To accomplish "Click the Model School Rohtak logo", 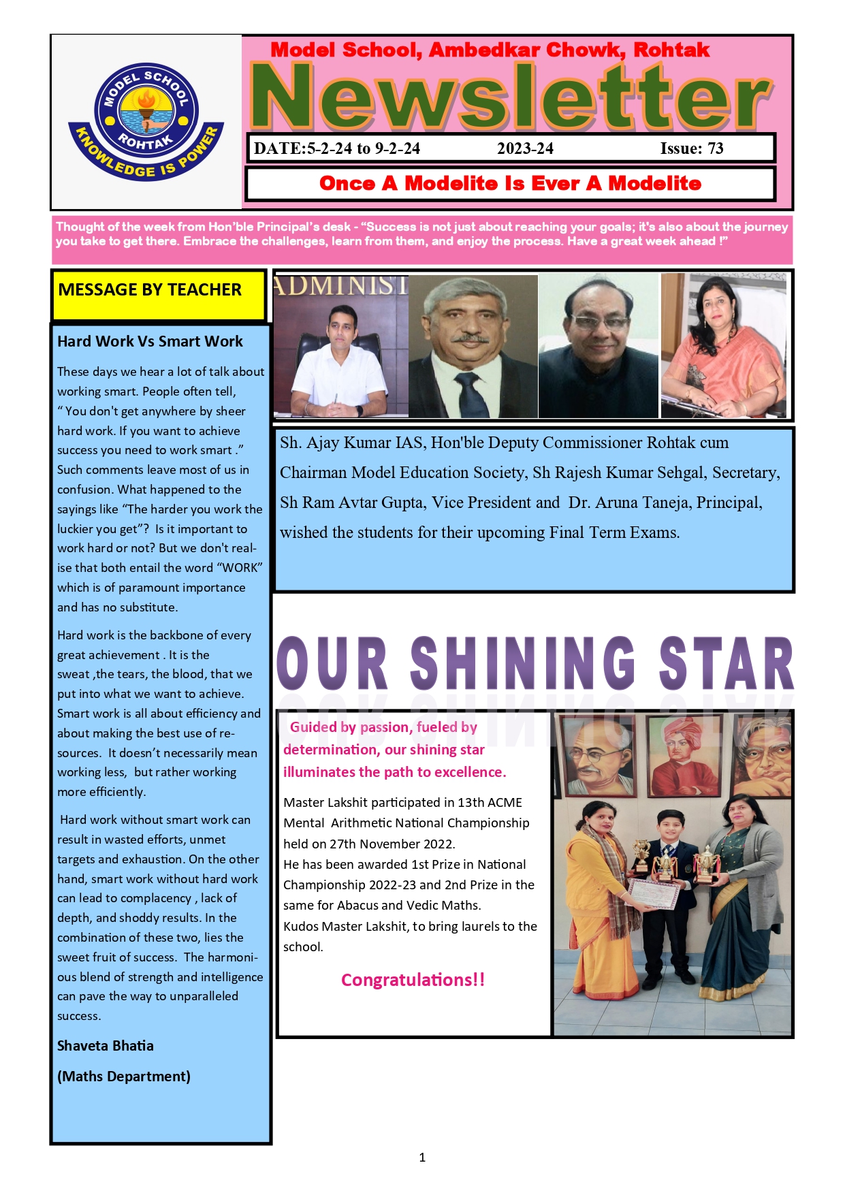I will [x=146, y=123].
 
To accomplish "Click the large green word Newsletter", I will [x=511, y=97].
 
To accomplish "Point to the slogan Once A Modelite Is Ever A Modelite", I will [x=510, y=183].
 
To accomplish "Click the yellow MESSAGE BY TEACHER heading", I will [x=150, y=290].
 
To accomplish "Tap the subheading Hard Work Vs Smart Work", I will [x=150, y=342].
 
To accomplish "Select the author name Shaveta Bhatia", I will [x=106, y=1046].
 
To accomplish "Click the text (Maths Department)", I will [x=124, y=1077].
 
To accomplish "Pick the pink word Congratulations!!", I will [x=413, y=980].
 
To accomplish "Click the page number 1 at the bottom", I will [x=422, y=1157].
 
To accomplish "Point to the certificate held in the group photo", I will [x=654, y=893].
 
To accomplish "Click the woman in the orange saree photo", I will [x=723, y=347].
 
